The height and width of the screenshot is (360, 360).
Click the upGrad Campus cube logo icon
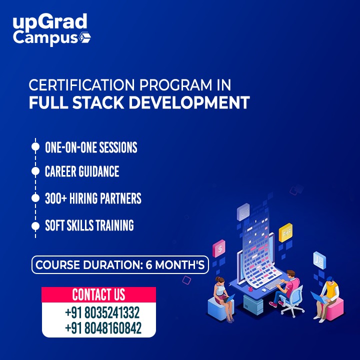tap(85, 37)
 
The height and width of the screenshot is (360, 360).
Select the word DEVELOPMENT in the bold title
tap(189, 102)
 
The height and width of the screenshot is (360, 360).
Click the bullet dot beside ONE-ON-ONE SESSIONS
tap(35, 146)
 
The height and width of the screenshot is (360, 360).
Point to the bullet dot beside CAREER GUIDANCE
tap(35, 171)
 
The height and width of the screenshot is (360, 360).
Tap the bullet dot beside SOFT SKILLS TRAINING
tap(35, 226)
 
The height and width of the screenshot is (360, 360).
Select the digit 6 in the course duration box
tap(149, 264)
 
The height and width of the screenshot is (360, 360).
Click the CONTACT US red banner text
tap(98, 294)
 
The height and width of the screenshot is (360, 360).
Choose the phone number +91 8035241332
tap(102, 312)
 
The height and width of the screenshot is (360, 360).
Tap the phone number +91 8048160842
tap(103, 327)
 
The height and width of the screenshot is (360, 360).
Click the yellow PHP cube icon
tap(285, 232)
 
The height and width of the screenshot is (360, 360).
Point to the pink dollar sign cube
tap(219, 248)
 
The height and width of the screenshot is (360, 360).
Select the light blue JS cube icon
tap(319, 260)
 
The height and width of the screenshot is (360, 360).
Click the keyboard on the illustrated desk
tap(274, 284)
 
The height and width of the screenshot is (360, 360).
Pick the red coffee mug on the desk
tap(250, 288)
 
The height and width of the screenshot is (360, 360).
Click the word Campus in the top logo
tap(45, 38)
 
